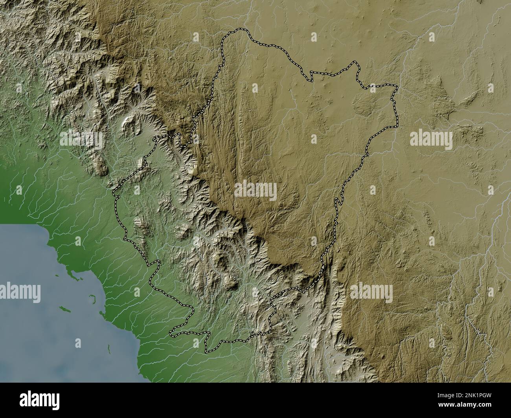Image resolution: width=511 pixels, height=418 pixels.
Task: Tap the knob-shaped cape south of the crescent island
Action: (x=102, y=314)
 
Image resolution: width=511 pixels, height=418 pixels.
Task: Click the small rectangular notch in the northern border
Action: (x=311, y=75)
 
